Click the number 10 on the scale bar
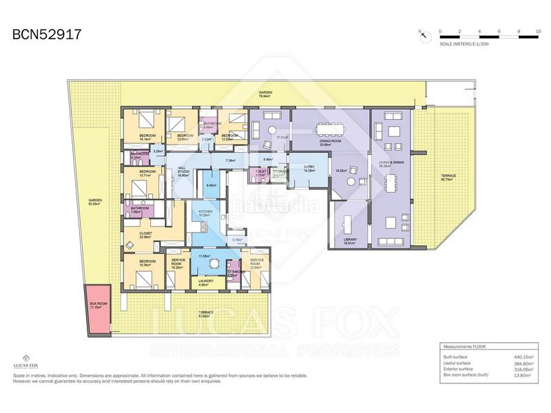click(x=538, y=32)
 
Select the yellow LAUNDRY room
click(x=206, y=282)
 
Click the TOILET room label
click(x=260, y=172)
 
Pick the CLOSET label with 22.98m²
click(x=145, y=234)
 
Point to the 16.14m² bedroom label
click(x=147, y=136)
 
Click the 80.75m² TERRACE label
click(x=448, y=176)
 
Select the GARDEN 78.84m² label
click(x=266, y=93)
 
